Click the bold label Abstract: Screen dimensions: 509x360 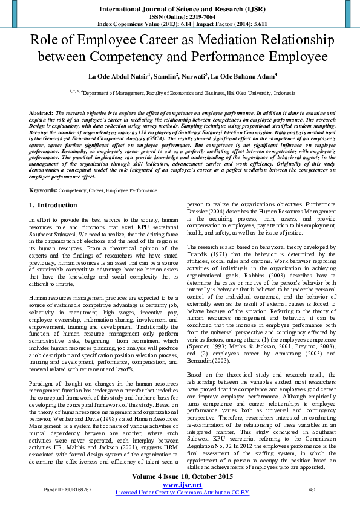tap(41, 113)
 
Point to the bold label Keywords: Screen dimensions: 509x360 tap(43, 190)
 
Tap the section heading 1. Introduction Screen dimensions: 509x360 tap(53, 206)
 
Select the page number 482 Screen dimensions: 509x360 tap(313, 489)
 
